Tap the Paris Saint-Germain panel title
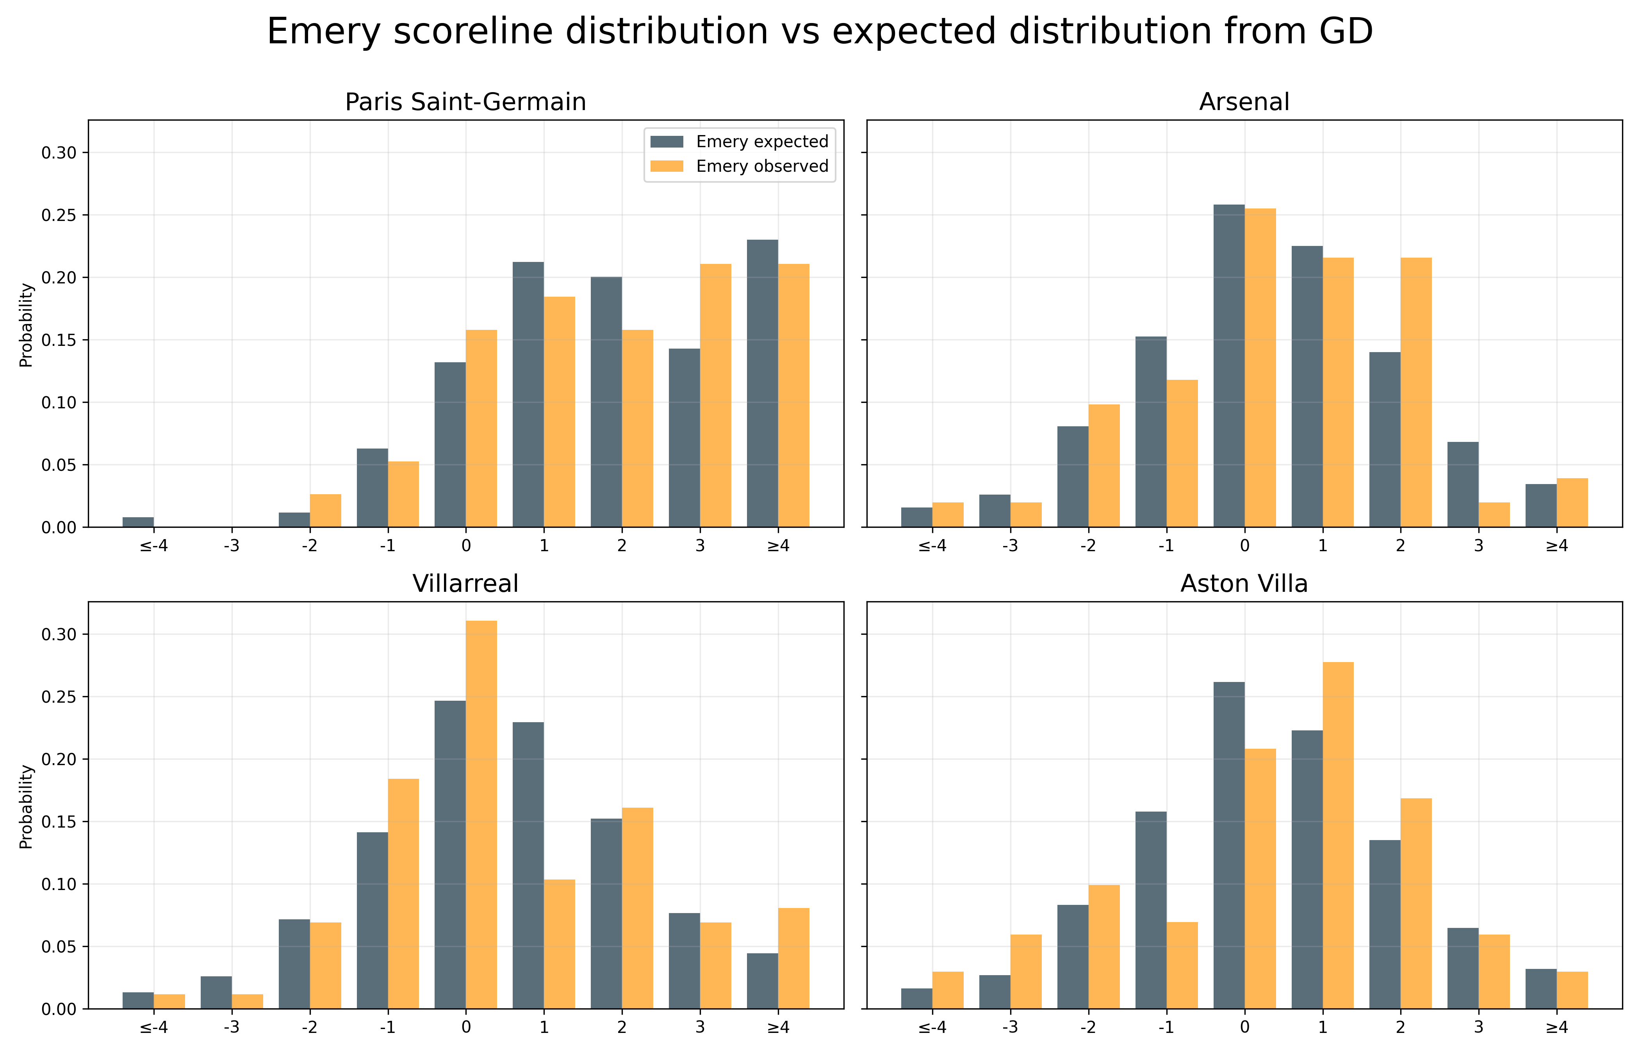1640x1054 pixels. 465,102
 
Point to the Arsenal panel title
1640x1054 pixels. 1244,102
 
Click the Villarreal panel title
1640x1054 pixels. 465,584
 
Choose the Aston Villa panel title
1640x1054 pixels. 1244,584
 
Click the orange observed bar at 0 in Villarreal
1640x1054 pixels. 481,814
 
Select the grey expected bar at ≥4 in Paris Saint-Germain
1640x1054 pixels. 762,383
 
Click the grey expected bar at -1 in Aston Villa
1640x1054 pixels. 1151,910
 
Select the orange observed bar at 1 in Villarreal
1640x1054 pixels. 559,944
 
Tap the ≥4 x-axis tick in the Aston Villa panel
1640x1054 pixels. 1556,1027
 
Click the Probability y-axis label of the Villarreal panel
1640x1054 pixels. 26,806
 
